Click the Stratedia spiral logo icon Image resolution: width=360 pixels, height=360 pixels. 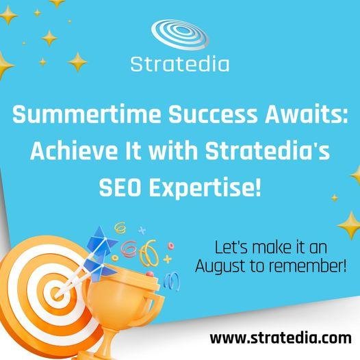point(180,35)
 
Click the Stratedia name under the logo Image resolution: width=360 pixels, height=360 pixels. point(180,64)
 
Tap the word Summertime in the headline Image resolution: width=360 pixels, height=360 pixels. point(87,114)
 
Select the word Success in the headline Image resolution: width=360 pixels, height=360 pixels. point(213,114)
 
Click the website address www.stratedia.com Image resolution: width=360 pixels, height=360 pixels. point(281,338)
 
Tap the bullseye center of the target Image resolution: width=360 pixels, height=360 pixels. point(55,293)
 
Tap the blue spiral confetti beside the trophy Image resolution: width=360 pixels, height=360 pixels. point(172,281)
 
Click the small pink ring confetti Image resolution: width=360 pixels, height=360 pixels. point(171,246)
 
